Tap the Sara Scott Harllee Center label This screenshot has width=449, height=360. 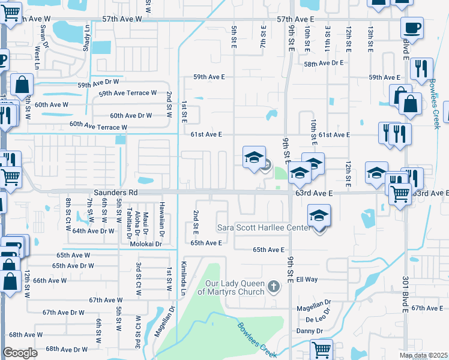coord(264,229)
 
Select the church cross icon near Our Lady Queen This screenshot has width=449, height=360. coord(274,286)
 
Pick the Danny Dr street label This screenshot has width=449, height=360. coord(310,331)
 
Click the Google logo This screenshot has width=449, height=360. coord(20,353)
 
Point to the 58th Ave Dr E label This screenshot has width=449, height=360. coord(324,62)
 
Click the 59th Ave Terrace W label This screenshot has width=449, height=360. coord(127,93)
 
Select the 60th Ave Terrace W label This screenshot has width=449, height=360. coord(98,126)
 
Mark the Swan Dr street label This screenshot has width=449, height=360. coord(43,35)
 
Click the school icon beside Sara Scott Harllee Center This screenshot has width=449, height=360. coord(319,217)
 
